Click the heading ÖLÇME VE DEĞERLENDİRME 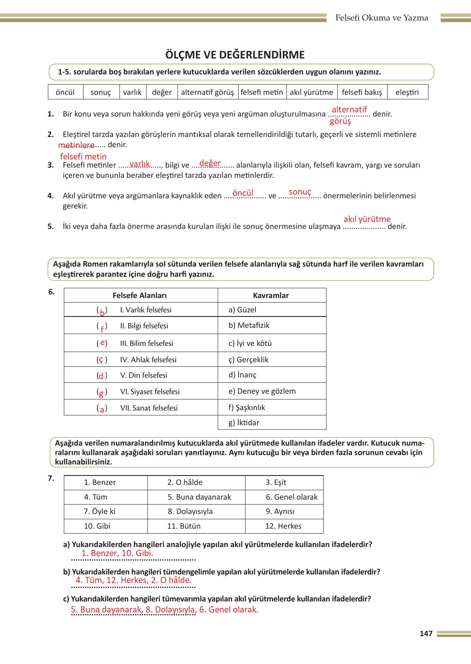235,55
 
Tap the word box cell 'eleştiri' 407,92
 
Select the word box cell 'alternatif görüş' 207,92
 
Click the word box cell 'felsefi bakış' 362,92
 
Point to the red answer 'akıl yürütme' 367,219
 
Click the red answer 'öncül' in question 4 243,193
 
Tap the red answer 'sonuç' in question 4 300,192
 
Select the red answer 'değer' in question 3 210,163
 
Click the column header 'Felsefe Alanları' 140,296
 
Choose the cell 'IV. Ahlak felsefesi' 148,360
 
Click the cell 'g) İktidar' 244,423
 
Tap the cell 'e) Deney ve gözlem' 262,391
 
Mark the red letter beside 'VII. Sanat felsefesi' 102,409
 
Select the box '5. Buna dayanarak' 199,497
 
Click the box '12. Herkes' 283,526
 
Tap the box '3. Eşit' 276,482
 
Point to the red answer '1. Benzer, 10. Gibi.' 117,554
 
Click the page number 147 426,634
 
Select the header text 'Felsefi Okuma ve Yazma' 381,18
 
